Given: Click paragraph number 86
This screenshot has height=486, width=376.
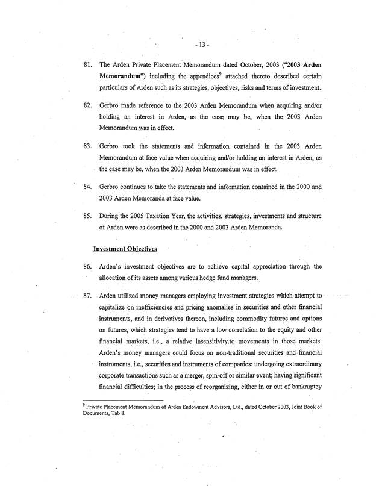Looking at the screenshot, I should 87,266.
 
